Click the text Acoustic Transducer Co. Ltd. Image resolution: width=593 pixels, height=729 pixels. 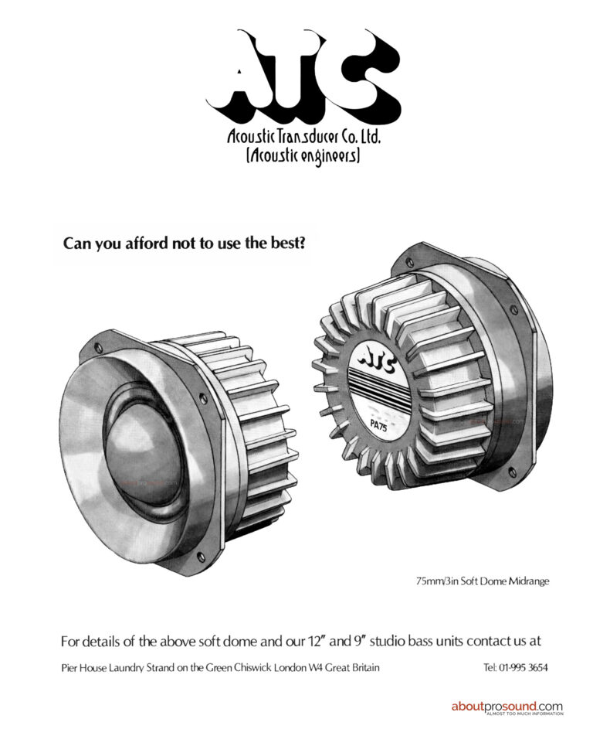[x=303, y=137]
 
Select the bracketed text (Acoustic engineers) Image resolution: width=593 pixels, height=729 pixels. [x=303, y=155]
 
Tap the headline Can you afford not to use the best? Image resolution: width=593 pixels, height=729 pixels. [x=184, y=243]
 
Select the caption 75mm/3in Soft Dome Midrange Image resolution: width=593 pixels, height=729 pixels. [x=483, y=581]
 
